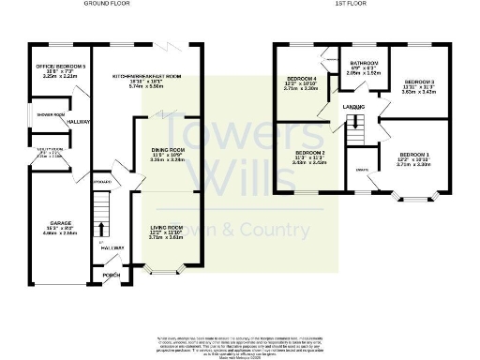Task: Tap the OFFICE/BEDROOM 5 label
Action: click(54, 67)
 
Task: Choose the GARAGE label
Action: click(52, 228)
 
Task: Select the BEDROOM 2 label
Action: click(310, 152)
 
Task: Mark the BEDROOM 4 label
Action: click(302, 83)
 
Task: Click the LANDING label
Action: click(354, 108)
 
